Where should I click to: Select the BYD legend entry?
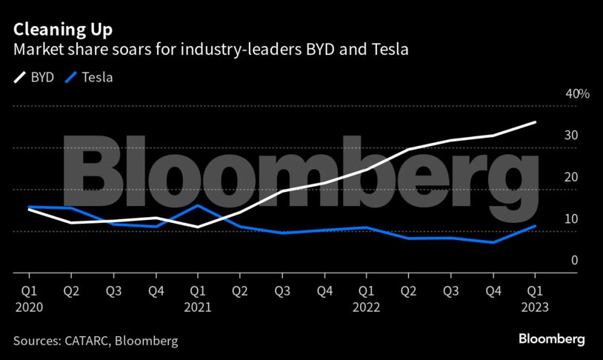point(34,76)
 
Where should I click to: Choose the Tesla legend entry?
point(89,76)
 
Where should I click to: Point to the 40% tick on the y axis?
point(577,94)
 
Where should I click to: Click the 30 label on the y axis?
point(571,136)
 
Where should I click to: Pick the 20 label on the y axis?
point(571,177)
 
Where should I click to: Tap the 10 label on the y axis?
point(571,219)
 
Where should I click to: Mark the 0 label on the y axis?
point(574,260)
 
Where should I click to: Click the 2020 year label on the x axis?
point(29,306)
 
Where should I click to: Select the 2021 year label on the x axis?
point(198,306)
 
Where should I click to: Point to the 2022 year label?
point(366,306)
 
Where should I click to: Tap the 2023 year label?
point(535,306)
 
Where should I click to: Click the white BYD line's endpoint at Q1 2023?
point(535,122)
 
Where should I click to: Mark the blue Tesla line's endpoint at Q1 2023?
point(535,226)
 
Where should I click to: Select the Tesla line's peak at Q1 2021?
point(198,205)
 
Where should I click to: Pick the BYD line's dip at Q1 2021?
point(198,227)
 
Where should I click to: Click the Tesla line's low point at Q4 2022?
point(493,242)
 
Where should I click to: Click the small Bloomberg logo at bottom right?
point(551,339)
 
